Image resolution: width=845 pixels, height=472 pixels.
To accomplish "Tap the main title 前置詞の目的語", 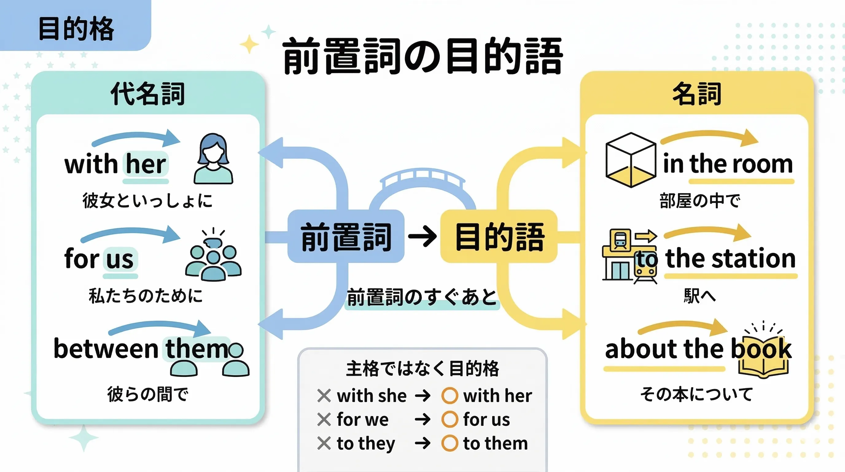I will pyautogui.click(x=422, y=56).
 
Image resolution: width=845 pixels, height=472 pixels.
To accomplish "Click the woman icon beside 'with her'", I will pyautogui.click(x=213, y=159).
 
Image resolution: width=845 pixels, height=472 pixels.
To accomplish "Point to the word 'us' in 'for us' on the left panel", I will pyautogui.click(x=120, y=259).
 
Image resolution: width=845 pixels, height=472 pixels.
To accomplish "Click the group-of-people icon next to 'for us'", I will pyautogui.click(x=213, y=256).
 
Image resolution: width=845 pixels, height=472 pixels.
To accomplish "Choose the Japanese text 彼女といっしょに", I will pyautogui.click(x=148, y=201).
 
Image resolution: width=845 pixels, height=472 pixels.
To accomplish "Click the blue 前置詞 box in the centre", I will pyautogui.click(x=346, y=236).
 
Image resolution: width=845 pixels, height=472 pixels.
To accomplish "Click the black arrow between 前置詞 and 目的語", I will pyautogui.click(x=422, y=236).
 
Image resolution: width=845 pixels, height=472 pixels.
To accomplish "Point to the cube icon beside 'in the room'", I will pyautogui.click(x=630, y=160).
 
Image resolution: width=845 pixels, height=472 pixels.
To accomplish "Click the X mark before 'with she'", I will pyautogui.click(x=324, y=395).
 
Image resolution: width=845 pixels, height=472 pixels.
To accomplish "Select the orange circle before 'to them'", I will pyautogui.click(x=450, y=443).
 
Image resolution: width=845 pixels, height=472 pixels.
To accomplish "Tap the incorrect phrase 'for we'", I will pyautogui.click(x=362, y=419).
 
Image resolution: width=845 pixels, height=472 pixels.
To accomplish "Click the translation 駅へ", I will pyautogui.click(x=699, y=296).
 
